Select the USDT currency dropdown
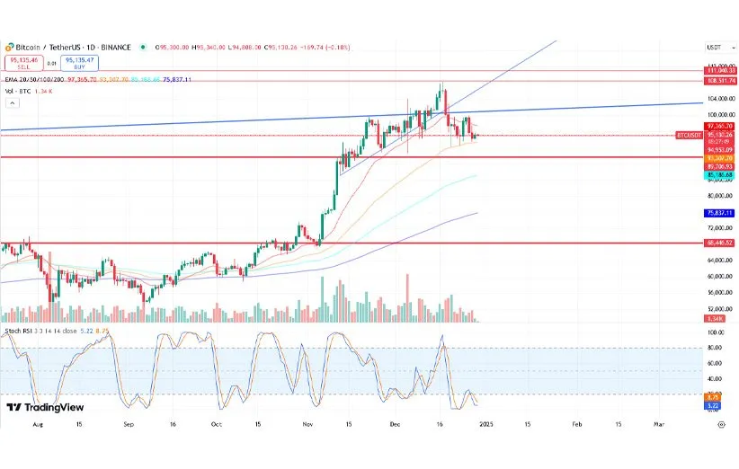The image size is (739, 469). pos(715,47)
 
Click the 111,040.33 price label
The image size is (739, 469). pos(719,70)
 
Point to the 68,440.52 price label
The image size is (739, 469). pos(719,243)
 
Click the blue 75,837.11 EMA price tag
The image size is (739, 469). pos(719,213)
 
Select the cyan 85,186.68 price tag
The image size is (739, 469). pos(719,174)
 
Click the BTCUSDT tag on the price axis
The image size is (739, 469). pos(688,136)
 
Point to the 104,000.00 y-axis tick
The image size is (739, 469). pos(719,98)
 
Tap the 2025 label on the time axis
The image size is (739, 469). pos(485,422)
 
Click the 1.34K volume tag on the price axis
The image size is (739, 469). pos(717,318)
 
